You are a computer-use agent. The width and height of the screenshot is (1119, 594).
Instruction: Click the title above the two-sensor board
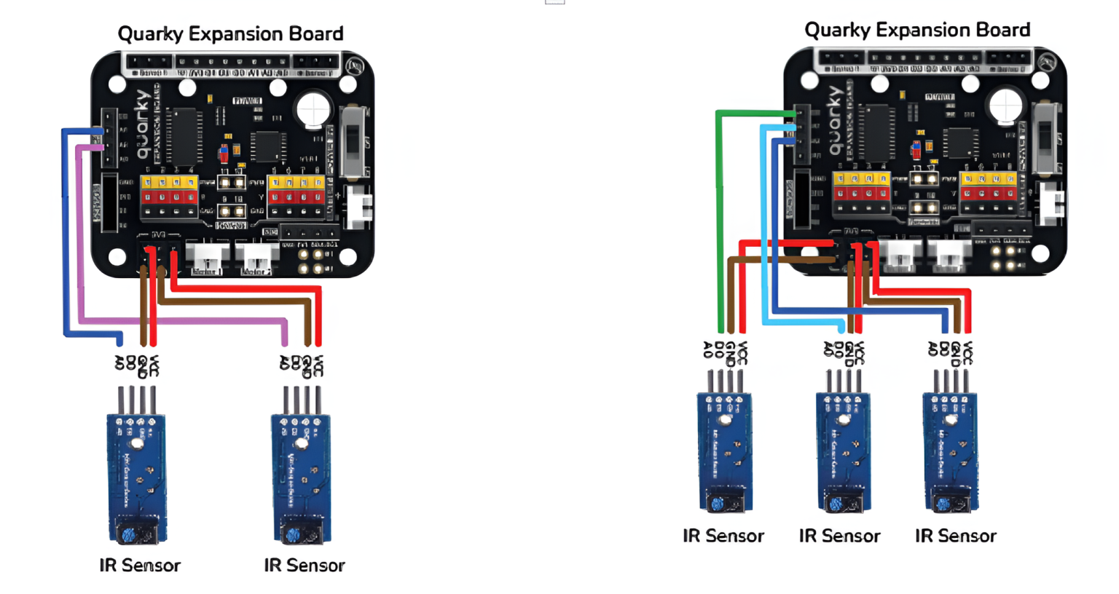pyautogui.click(x=230, y=34)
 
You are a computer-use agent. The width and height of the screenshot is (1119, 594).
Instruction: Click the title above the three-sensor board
pyautogui.click(x=916, y=31)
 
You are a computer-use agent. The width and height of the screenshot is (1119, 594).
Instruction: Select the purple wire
pyautogui.click(x=182, y=320)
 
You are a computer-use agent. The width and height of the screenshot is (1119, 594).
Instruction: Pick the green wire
pyautogui.click(x=720, y=218)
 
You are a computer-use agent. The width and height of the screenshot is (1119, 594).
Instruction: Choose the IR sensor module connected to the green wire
pyautogui.click(x=725, y=451)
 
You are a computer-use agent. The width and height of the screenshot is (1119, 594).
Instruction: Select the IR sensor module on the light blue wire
pyautogui.click(x=843, y=451)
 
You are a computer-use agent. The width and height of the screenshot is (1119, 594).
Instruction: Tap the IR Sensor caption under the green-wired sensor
pyautogui.click(x=723, y=536)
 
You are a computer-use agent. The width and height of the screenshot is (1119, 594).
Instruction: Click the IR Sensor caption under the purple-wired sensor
pyautogui.click(x=304, y=566)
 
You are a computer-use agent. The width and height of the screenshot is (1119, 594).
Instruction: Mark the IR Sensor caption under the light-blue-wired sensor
pyautogui.click(x=839, y=536)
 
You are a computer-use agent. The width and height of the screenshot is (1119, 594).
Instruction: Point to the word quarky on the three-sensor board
pyautogui.click(x=835, y=120)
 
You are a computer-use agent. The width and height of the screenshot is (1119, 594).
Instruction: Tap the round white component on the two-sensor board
pyautogui.click(x=313, y=111)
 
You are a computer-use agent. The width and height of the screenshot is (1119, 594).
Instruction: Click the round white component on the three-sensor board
pyautogui.click(x=1006, y=106)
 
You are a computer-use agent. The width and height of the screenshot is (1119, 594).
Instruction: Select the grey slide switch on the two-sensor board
pyautogui.click(x=354, y=142)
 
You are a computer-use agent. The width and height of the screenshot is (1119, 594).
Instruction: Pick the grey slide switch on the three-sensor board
pyautogui.click(x=1047, y=138)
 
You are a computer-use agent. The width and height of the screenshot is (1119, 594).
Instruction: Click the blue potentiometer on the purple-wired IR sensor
pyautogui.click(x=293, y=535)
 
